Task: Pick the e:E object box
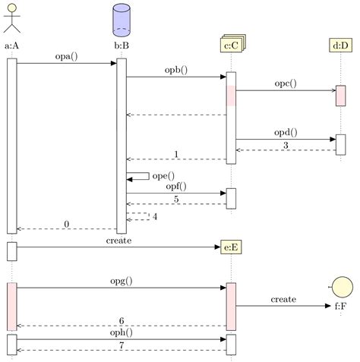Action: pos(232,247)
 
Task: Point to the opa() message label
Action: pos(66,56)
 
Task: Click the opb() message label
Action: pos(176,70)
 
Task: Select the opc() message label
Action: pos(286,83)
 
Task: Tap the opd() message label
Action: pos(286,132)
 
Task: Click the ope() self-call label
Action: pos(163,176)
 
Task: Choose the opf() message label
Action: pos(176,186)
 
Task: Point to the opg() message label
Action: pos(121,281)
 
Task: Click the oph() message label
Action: pos(121,332)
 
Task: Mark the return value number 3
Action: pos(286,145)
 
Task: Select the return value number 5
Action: pos(176,200)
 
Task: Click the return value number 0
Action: pos(67,224)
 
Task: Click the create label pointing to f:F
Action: pos(283,300)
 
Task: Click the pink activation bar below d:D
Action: pos(341,96)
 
